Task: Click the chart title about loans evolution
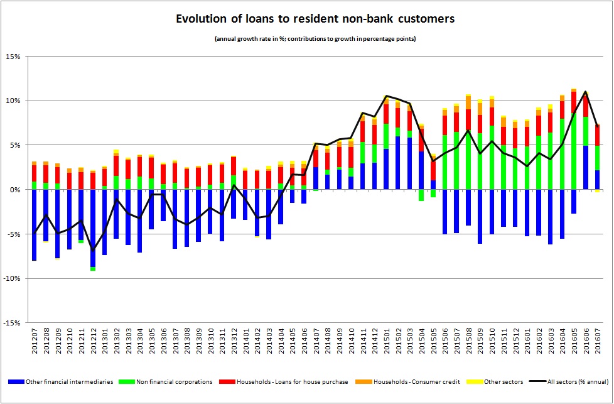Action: point(306,19)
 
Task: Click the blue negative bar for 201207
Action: point(35,225)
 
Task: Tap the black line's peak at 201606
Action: point(586,92)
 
